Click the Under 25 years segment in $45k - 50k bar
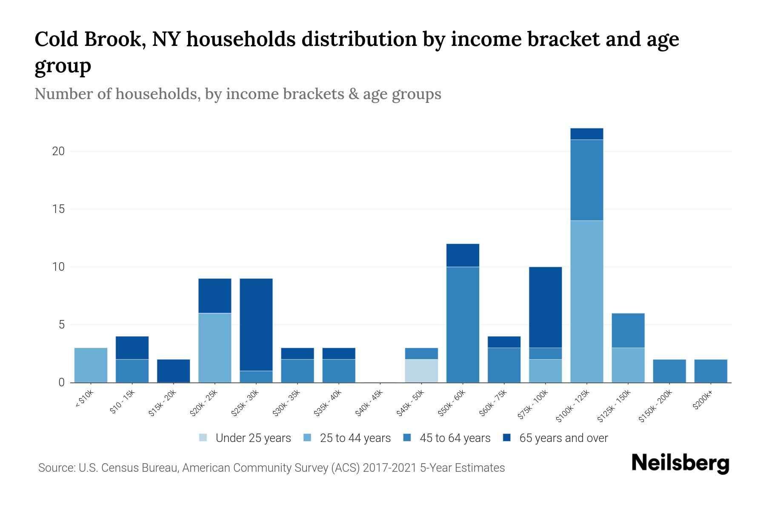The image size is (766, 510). pos(421,371)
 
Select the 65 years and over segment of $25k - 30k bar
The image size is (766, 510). pos(256,324)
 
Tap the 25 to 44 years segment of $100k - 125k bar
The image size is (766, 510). pos(587,301)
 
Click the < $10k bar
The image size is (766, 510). pos(91,365)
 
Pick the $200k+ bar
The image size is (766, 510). pos(711,371)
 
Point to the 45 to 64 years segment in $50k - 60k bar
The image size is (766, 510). pos(463,324)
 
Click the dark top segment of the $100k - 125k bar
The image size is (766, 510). pos(587,134)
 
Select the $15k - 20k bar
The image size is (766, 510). pos(174,371)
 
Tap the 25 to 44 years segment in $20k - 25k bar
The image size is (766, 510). pos(215,348)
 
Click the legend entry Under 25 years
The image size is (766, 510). pos(253,438)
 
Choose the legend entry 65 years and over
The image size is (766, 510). pos(563,438)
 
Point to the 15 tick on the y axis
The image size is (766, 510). pos(58,209)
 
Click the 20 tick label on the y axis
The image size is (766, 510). pos(58,151)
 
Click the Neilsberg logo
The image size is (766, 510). pos(680,463)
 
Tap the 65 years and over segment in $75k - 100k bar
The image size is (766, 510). pos(545,307)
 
